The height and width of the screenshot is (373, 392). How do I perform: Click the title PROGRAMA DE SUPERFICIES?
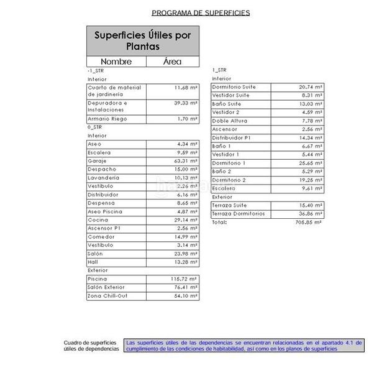click(x=201, y=12)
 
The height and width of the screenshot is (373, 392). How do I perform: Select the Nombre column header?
click(x=116, y=62)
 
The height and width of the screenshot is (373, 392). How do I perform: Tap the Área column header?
click(x=172, y=62)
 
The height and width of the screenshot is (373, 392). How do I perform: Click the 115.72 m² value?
click(x=184, y=279)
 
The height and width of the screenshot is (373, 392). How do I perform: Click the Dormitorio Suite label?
click(x=234, y=87)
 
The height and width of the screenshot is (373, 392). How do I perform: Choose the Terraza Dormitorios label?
click(x=239, y=214)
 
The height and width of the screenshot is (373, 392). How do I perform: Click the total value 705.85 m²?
click(x=309, y=222)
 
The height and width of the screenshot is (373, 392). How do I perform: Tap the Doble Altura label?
click(x=229, y=121)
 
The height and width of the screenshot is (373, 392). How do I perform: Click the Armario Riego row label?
click(x=106, y=119)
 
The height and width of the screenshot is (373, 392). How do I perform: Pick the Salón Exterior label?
click(x=106, y=287)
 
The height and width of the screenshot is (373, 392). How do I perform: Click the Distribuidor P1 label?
click(x=231, y=137)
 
